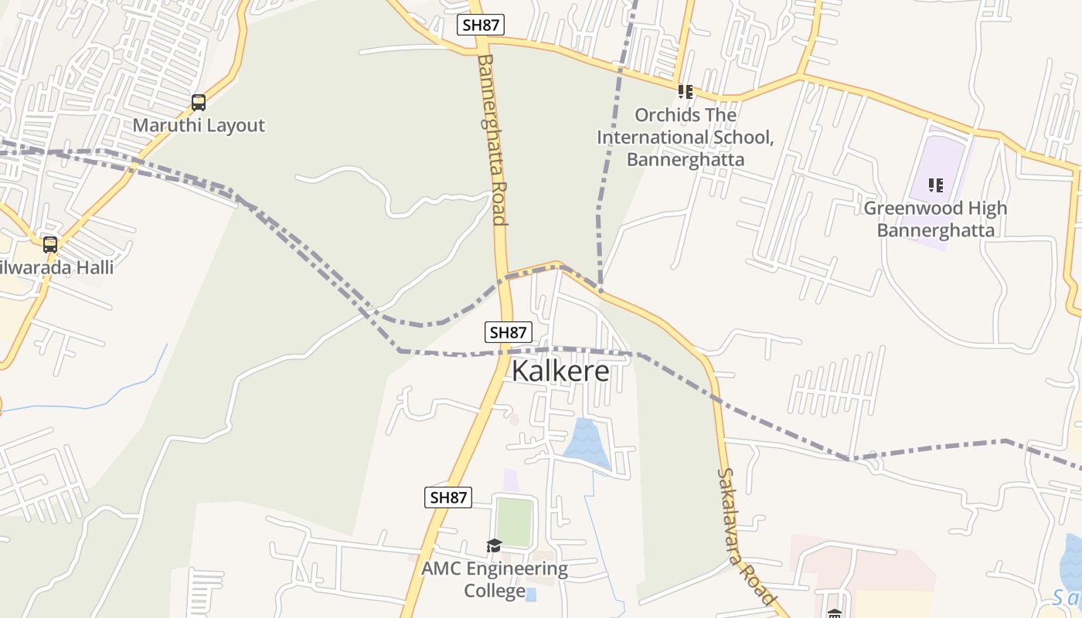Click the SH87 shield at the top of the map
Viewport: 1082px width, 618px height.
(481, 25)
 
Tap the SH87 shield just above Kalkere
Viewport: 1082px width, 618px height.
(509, 332)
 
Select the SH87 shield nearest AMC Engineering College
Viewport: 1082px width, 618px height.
(448, 497)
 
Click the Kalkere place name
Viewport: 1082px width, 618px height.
(560, 371)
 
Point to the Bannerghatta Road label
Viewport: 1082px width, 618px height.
(492, 139)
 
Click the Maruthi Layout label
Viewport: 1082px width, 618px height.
(199, 125)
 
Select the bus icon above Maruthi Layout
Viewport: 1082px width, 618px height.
(199, 102)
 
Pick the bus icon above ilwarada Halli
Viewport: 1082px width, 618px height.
(50, 245)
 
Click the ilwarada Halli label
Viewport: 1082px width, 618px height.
(57, 268)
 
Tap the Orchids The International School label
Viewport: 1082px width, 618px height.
(685, 138)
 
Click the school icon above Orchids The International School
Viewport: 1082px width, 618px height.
(685, 92)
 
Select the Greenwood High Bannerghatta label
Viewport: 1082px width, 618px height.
(935, 219)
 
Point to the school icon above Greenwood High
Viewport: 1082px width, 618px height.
(936, 185)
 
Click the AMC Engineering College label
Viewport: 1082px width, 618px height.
(495, 580)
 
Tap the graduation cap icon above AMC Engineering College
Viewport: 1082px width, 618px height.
(495, 546)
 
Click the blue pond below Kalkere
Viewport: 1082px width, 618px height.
(587, 444)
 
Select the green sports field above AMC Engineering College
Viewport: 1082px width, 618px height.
(514, 522)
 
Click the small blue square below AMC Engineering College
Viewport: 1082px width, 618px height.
(531, 593)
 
